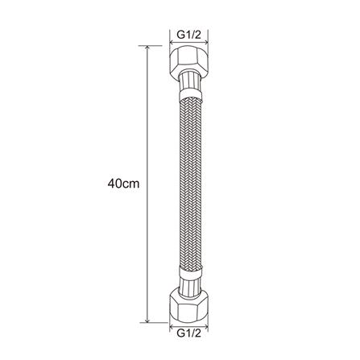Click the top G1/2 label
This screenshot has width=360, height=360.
(188, 35)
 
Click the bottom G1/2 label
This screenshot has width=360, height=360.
(188, 333)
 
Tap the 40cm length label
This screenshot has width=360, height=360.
(123, 184)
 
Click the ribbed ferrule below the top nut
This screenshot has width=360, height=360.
(189, 81)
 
